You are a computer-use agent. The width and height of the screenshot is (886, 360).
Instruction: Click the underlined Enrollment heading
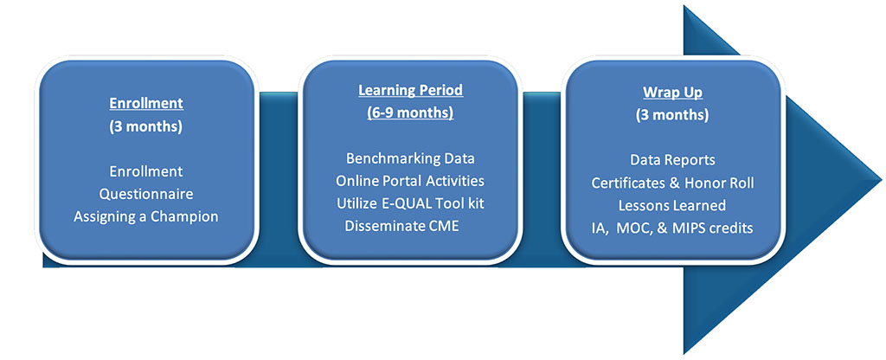[x=145, y=104]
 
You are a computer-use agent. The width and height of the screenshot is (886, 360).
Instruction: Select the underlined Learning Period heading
[x=410, y=90]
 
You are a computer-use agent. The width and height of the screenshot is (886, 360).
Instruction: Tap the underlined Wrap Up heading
[x=672, y=92]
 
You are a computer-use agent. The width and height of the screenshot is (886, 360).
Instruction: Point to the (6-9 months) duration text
[x=410, y=113]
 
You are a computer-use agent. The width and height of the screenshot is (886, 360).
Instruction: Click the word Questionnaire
[x=146, y=194]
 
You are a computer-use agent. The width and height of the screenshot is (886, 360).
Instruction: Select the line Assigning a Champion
[x=145, y=216]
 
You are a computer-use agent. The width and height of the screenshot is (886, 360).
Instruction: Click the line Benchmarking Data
[x=410, y=158]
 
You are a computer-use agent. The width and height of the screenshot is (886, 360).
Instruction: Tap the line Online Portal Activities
[x=410, y=181]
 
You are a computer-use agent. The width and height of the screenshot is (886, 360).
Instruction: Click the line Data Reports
[x=672, y=160]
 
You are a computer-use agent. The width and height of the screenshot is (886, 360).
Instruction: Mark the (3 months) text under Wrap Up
[x=672, y=115]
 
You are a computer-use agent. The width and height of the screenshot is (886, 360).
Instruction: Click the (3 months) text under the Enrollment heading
[x=145, y=126]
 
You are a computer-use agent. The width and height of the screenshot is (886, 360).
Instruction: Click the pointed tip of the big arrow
[x=881, y=181]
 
